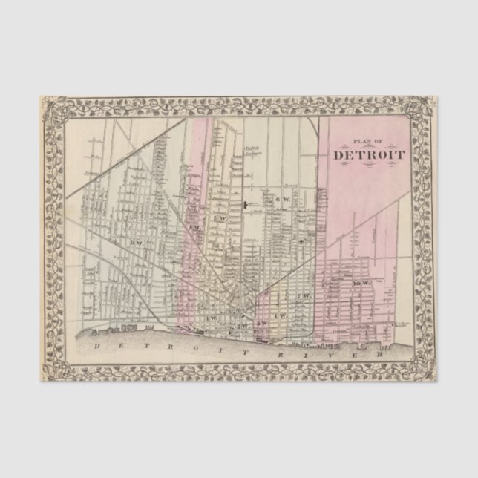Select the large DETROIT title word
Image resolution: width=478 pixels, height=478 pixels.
click(x=368, y=155)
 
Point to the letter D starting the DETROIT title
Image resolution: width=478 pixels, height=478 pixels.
click(x=338, y=155)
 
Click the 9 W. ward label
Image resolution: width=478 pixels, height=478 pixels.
click(x=136, y=243)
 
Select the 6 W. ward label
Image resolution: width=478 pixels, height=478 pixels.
click(x=280, y=200)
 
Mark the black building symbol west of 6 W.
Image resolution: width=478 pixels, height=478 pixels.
click(x=244, y=203)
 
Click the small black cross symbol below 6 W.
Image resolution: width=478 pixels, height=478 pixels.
click(x=300, y=241)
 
